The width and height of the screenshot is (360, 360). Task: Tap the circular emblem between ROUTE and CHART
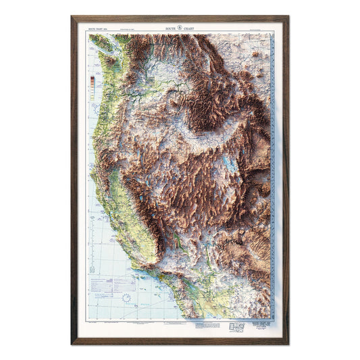coord(180,30)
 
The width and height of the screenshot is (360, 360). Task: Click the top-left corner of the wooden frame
coord(73,18)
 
